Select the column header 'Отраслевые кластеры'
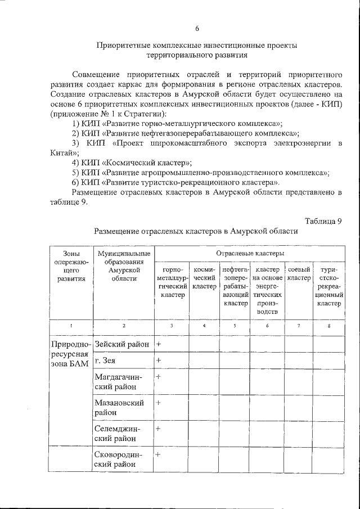(x=249, y=254)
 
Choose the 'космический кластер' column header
(x=204, y=278)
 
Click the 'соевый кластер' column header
(x=299, y=273)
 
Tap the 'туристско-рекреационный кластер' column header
(x=329, y=286)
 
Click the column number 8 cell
(x=329, y=326)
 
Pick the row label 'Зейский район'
(x=122, y=344)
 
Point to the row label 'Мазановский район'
(x=119, y=408)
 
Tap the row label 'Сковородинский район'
(x=119, y=459)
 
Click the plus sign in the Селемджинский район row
(x=159, y=429)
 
